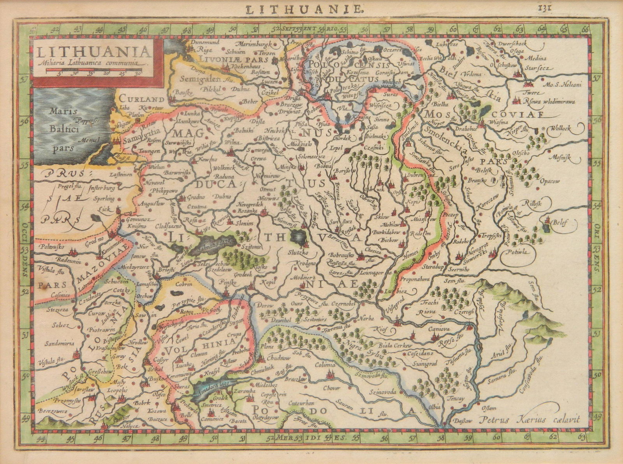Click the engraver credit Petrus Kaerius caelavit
coord(530,419)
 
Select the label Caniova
coord(439,329)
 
